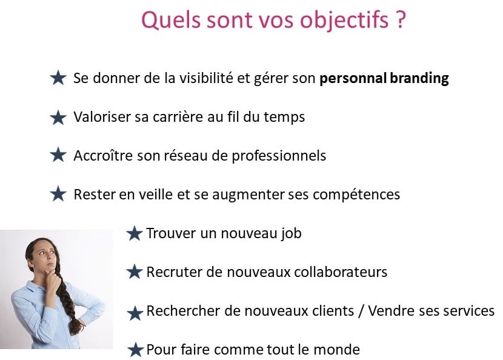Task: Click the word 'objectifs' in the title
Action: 344,20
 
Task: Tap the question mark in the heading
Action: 401,19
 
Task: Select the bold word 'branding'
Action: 419,79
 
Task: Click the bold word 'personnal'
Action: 353,79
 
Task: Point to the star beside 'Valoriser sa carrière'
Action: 58,117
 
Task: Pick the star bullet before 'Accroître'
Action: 58,155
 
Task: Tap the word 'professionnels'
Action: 279,156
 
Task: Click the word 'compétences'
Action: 356,195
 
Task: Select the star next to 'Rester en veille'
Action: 58,194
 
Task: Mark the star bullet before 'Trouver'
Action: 134,233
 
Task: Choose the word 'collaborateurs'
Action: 341,272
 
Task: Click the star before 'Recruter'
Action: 134,272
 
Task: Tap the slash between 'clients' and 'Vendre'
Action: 361,312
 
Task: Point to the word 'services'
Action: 468,312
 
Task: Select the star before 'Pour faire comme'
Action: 135,350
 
